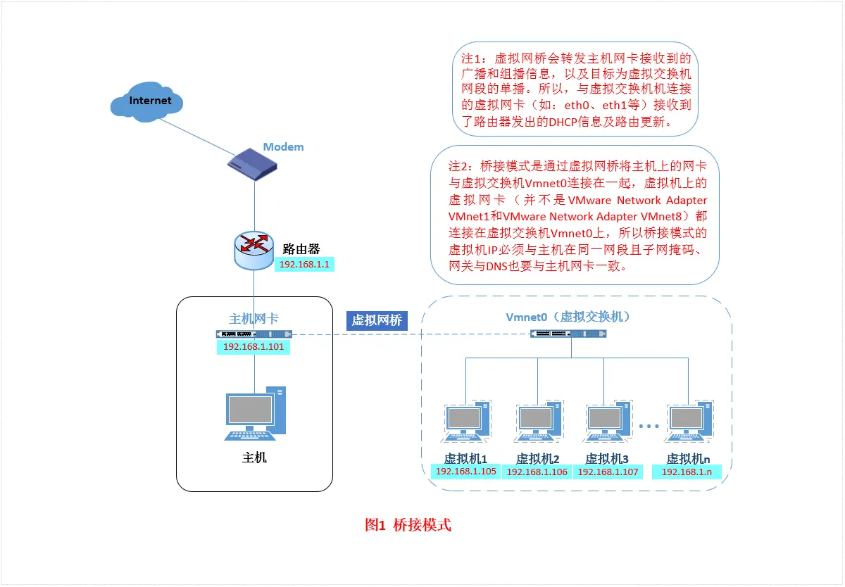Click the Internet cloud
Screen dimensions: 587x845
pyautogui.click(x=147, y=102)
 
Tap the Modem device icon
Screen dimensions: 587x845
pyautogui.click(x=253, y=164)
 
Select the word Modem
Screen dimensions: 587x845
pyautogui.click(x=283, y=147)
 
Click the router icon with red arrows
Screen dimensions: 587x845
pyautogui.click(x=254, y=250)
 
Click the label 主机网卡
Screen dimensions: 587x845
pyautogui.click(x=254, y=319)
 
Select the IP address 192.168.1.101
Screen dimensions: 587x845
pyautogui.click(x=253, y=347)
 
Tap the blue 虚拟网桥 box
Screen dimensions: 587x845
pyautogui.click(x=377, y=320)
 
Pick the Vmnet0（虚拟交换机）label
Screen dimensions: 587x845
pyautogui.click(x=568, y=317)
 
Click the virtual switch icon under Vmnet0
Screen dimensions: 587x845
pyautogui.click(x=567, y=334)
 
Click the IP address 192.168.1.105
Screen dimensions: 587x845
pyautogui.click(x=466, y=472)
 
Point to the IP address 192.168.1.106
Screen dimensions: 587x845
pyautogui.click(x=537, y=472)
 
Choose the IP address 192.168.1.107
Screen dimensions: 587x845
pyautogui.click(x=608, y=472)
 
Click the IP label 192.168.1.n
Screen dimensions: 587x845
pyautogui.click(x=687, y=472)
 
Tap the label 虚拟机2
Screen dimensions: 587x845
pyautogui.click(x=537, y=458)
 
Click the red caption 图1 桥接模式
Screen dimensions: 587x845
pyautogui.click(x=408, y=525)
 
